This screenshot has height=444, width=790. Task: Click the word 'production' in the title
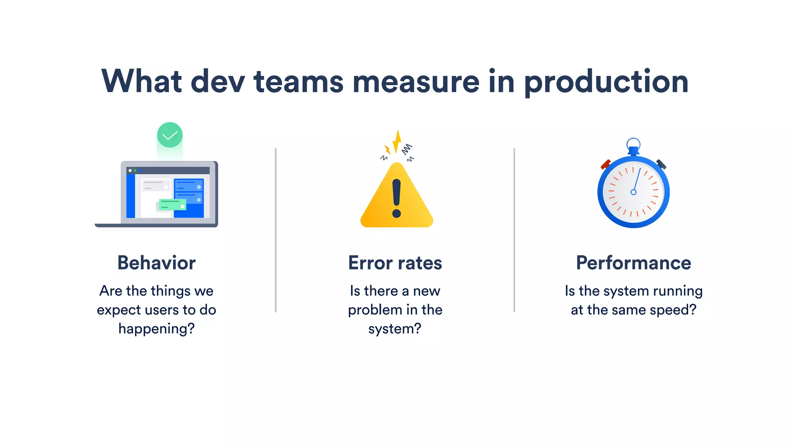606,82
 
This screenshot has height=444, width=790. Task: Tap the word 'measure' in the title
416,82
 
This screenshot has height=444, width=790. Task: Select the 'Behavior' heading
156,263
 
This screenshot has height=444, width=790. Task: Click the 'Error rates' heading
395,263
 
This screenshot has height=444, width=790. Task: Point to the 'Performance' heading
633,263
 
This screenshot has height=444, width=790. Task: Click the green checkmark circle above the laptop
170,135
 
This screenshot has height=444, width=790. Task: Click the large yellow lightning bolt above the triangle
397,141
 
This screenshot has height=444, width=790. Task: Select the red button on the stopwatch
606,165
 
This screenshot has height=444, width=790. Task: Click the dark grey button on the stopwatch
662,164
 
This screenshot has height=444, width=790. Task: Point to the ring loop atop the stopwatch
633,144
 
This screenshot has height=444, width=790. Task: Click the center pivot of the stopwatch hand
633,192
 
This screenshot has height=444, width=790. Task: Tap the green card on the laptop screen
172,205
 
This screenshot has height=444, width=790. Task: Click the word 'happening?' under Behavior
156,329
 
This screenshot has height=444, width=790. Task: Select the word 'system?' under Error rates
395,329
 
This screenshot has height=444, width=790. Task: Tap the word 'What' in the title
141,82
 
